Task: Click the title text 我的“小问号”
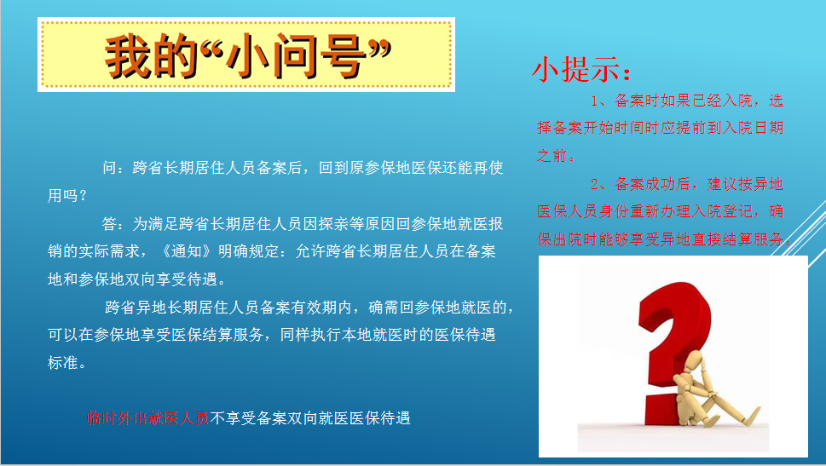click(246, 57)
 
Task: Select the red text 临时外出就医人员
click(147, 418)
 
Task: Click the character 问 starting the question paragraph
click(110, 168)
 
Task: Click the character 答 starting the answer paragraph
click(110, 224)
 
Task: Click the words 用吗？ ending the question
click(67, 196)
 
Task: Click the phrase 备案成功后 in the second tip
click(656, 184)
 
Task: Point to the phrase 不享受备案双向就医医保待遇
click(310, 418)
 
